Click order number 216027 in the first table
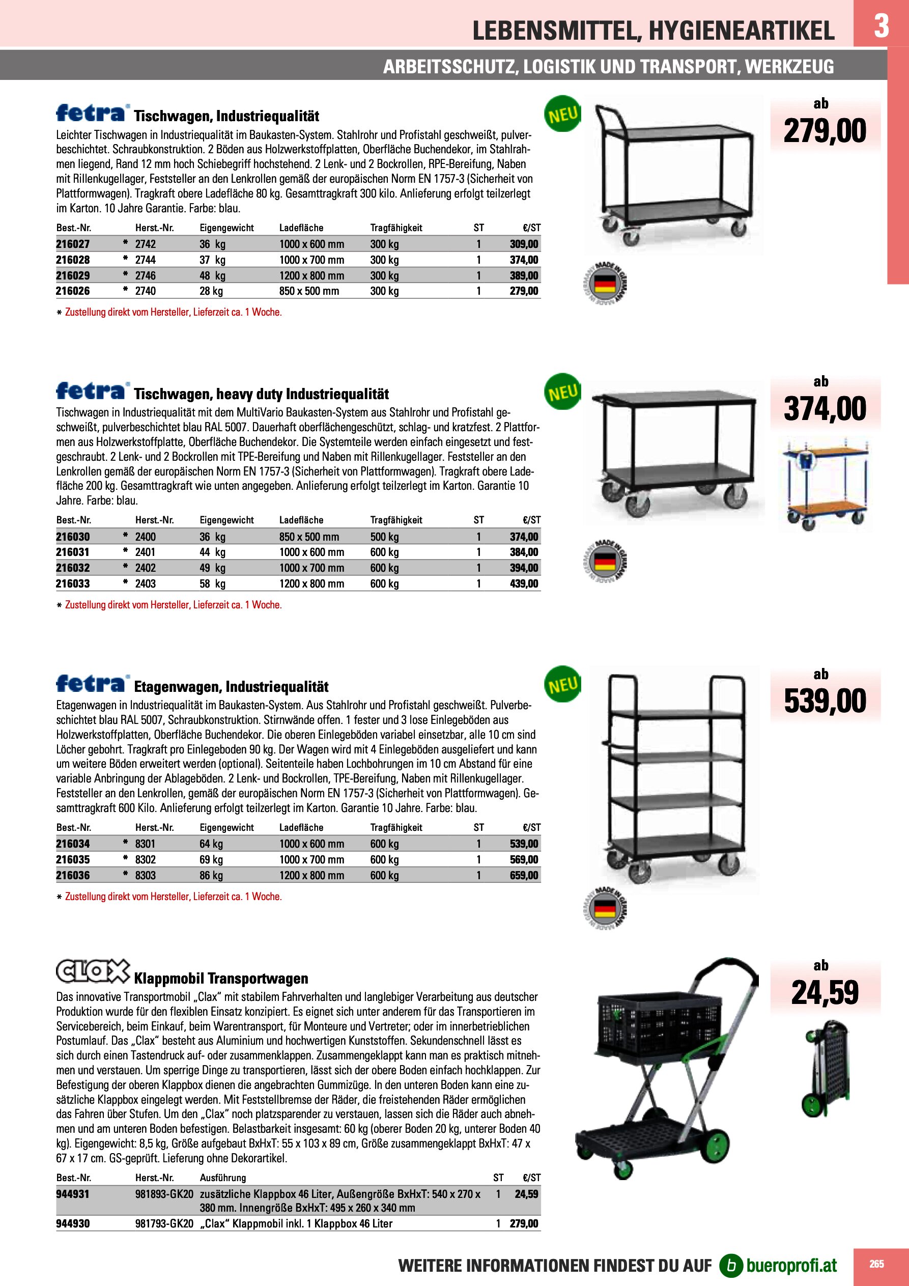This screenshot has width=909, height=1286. (73, 244)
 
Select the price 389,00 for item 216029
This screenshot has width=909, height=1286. (524, 275)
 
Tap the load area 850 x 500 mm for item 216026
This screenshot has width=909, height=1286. (309, 291)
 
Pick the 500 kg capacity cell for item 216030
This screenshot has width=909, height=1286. (384, 537)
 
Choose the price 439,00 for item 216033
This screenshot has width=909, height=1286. (524, 583)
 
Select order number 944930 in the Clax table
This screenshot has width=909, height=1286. (73, 1224)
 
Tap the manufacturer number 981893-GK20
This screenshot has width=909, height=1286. (164, 1193)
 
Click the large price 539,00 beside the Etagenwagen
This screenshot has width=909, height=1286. (825, 701)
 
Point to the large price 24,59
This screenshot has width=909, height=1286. (825, 993)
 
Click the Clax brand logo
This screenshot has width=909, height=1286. (93, 972)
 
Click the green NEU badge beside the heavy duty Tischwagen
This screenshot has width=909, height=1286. (562, 392)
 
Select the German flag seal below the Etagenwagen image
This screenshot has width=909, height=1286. (604, 908)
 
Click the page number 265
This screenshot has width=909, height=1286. (876, 1264)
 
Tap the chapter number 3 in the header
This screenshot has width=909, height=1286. (881, 25)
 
